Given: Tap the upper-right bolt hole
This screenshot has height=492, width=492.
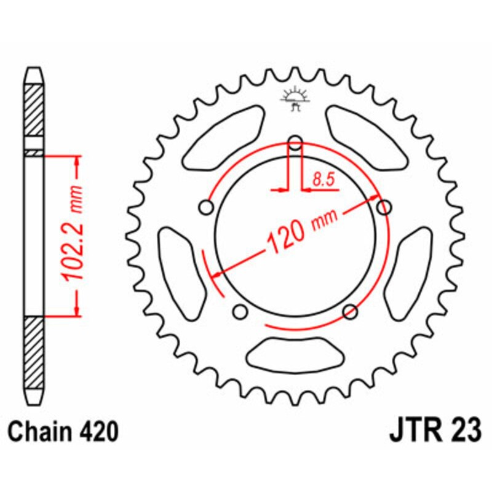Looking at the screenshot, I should [x=384, y=208].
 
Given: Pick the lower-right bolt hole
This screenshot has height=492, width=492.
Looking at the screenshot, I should [x=350, y=311].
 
